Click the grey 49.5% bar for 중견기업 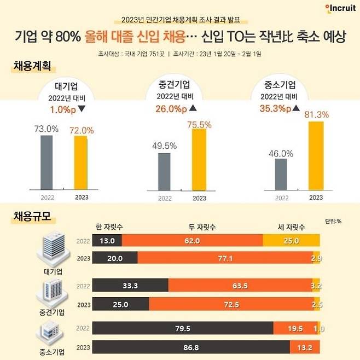click(x=164, y=172)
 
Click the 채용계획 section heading click(x=32, y=67)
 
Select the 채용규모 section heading click(x=32, y=216)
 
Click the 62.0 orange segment click(x=192, y=240)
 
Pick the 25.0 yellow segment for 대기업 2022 click(x=291, y=240)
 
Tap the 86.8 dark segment click(x=191, y=347)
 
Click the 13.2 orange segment click(x=305, y=347)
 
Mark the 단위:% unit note click(x=333, y=222)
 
